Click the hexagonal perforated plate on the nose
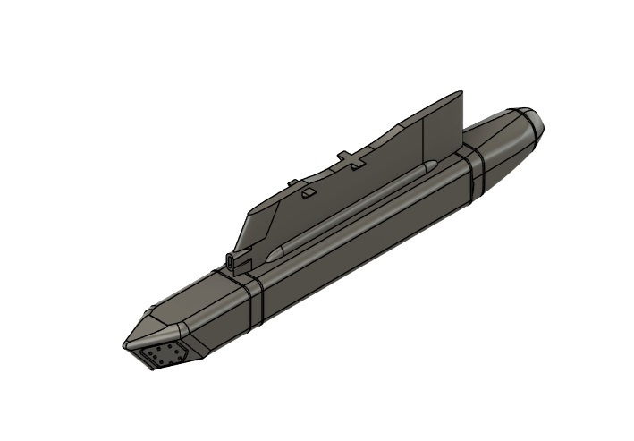pos(164,355)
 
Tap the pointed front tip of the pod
pos(125,344)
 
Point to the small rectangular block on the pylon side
pos(308,192)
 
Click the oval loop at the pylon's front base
pos(233,260)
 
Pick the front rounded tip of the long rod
pos(274,252)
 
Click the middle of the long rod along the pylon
pos(353,208)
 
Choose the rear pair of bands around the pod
pos(472,172)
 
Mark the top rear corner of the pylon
pos(461,92)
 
